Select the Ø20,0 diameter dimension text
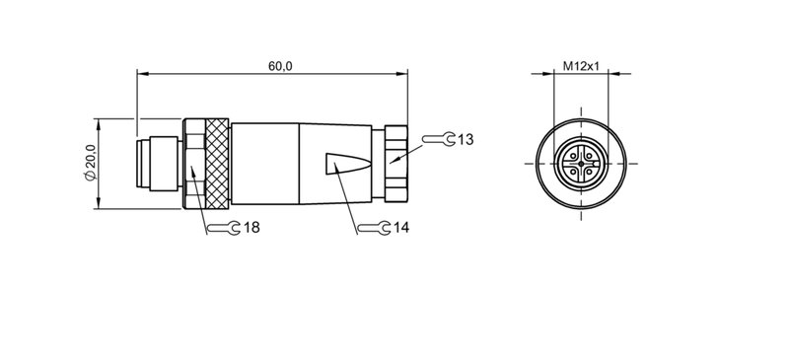(90, 163)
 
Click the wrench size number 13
(466, 140)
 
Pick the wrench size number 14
(401, 228)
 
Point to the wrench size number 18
(251, 228)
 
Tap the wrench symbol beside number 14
(372, 228)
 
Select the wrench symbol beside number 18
(223, 228)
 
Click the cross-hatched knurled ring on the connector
(218, 163)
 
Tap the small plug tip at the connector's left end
(153, 163)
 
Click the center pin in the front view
(582, 163)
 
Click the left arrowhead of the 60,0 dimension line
(139, 73)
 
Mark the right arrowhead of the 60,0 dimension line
(405, 73)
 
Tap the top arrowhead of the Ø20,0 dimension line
(99, 122)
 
